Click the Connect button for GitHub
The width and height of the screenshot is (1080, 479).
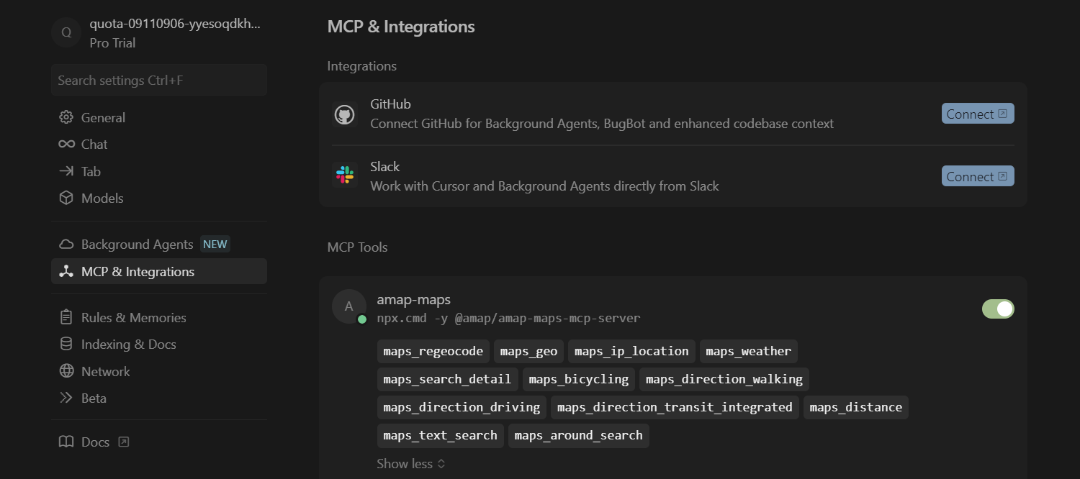coord(977,114)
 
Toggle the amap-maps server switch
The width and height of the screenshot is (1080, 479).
coord(998,309)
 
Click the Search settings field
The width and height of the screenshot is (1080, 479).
coord(158,81)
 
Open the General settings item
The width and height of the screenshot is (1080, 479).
coord(103,118)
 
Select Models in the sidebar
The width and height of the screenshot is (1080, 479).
coord(102,199)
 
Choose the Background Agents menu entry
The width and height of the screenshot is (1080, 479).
coord(137,245)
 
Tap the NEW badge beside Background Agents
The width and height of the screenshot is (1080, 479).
coord(215,245)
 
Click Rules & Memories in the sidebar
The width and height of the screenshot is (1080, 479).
coord(133,318)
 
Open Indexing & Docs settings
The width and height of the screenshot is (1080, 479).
coord(128,345)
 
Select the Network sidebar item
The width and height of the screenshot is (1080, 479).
coord(105,372)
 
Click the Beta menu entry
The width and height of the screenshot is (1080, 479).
coord(94,398)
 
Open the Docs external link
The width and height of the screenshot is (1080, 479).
coord(95,442)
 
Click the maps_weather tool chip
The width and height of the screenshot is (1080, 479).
coord(748,352)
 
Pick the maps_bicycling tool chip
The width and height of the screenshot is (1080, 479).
coord(579,379)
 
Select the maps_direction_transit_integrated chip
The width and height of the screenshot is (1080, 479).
coord(675,407)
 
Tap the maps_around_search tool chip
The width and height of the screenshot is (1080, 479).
coord(578,436)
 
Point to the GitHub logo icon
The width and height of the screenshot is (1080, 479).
coord(345,114)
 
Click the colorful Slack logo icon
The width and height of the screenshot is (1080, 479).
coord(345,175)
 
